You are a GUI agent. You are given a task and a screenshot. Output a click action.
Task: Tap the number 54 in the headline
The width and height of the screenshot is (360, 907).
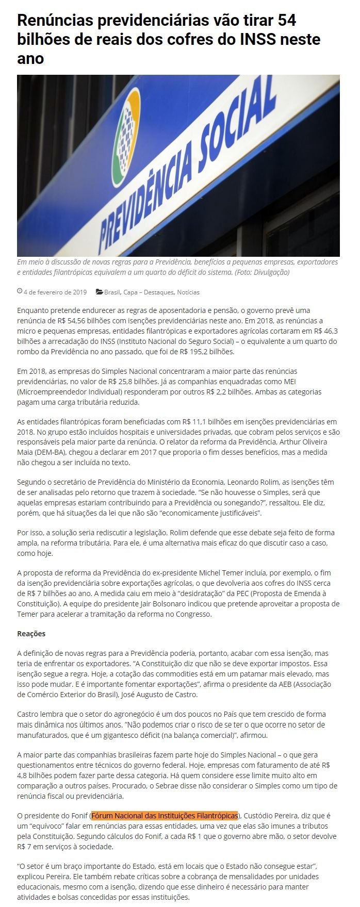(x=286, y=21)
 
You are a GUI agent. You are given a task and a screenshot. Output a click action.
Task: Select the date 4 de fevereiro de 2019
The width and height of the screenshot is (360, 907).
(x=55, y=292)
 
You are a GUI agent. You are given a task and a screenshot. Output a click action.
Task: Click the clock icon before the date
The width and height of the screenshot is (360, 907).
(x=20, y=291)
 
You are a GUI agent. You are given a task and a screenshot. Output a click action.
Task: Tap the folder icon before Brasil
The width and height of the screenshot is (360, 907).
(x=100, y=292)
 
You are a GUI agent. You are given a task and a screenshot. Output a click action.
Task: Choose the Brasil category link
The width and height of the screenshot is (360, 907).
(x=112, y=292)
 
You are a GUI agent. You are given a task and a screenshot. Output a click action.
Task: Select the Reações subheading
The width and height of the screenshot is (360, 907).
(x=31, y=634)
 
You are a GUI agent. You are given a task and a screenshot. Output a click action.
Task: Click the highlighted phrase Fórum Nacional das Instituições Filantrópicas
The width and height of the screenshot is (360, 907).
(x=165, y=816)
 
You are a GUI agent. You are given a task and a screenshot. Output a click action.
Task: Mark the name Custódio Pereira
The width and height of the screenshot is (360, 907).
(x=268, y=816)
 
